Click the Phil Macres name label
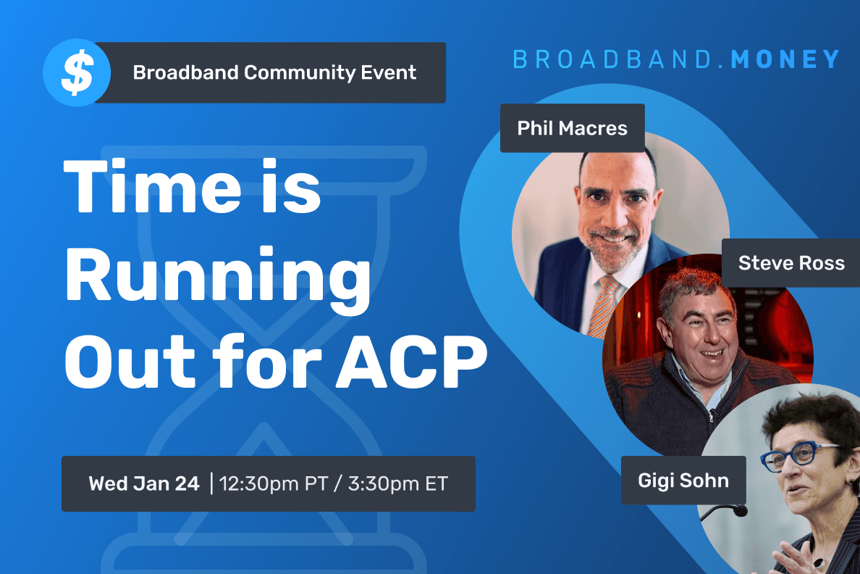pos(572,128)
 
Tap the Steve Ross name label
pos(791,262)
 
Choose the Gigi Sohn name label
pos(683,480)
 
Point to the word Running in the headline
pos(218,279)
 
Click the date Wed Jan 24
pos(144,483)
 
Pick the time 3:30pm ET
pos(398,483)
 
